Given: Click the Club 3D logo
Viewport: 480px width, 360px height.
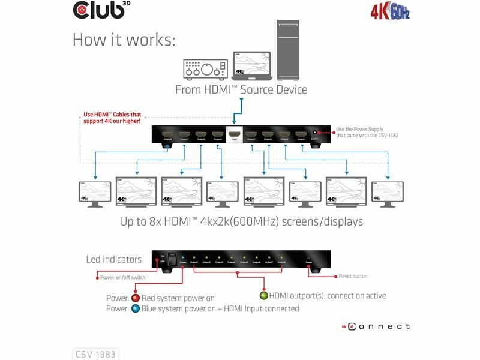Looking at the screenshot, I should pos(100,10).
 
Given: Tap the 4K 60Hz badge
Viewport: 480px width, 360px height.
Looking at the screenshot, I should pos(389,11).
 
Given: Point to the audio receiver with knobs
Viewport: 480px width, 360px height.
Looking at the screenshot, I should pos(204,69).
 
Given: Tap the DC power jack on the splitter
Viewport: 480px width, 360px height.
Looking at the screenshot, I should pos(313,134).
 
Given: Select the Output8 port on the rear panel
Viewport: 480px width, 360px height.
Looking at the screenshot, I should pos(168,134).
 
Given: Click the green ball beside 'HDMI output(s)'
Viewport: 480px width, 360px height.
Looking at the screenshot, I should pos(263,296).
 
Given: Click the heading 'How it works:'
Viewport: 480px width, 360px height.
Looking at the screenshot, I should pos(124,40).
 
